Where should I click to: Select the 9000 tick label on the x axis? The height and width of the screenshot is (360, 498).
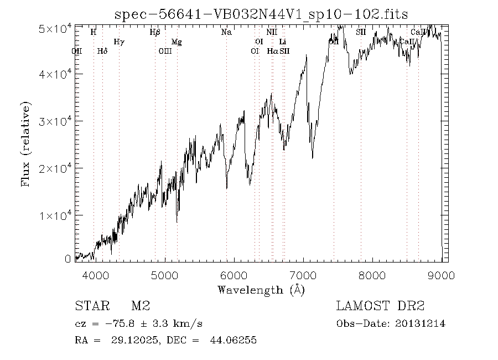tap(441, 275)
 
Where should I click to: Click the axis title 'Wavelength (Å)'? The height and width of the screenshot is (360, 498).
tap(261, 289)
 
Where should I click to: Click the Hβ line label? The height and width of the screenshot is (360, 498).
tap(155, 32)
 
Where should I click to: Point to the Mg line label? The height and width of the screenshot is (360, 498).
tap(177, 42)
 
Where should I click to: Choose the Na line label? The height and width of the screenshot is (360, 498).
tap(226, 32)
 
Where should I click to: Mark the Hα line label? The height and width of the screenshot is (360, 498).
tap(272, 51)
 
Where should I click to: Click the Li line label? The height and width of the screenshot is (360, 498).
tap(283, 42)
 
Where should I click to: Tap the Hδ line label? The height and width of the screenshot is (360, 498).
tap(102, 51)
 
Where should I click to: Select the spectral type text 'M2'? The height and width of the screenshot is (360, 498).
tap(141, 306)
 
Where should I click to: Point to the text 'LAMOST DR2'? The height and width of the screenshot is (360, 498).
tap(380, 306)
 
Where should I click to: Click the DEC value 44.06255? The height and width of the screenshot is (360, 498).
tap(232, 341)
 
